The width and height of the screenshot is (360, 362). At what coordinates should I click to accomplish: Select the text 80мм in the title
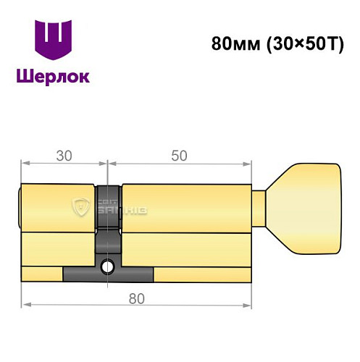[230, 43]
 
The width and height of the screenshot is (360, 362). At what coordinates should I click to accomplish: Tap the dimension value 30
[64, 156]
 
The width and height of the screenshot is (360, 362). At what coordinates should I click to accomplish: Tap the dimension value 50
[180, 156]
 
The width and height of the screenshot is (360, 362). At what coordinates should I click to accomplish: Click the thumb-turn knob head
[308, 209]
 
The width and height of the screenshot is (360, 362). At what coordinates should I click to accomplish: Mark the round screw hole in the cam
[108, 266]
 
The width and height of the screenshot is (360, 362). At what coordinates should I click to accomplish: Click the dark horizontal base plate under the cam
[108, 274]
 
